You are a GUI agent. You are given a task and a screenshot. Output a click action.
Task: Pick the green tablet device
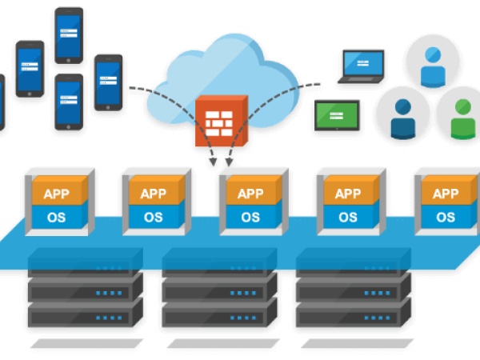(336, 116)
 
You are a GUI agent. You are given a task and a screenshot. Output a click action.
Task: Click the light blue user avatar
(433, 64)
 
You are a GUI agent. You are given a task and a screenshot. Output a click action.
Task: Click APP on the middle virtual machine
(250, 194)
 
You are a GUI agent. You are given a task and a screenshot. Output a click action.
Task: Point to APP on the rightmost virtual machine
(446, 194)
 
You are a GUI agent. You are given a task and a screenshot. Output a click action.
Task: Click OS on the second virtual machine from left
(153, 217)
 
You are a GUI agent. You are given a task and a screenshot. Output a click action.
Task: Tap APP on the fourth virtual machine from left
(348, 194)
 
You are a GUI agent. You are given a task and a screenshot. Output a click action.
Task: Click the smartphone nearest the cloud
(108, 82)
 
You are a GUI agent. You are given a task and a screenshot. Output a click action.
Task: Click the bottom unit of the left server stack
(85, 313)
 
